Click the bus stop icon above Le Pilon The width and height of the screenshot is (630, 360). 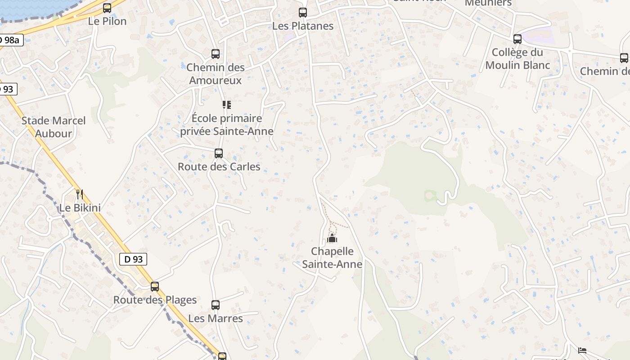click(x=107, y=8)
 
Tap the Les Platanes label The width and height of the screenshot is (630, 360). click(x=303, y=26)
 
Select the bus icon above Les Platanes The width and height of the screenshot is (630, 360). click(x=303, y=13)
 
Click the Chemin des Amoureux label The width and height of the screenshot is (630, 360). click(x=216, y=74)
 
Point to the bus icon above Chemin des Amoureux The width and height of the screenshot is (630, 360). click(x=216, y=54)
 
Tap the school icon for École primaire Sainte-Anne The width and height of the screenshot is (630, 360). click(x=227, y=105)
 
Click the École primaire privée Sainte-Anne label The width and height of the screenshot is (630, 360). click(x=227, y=125)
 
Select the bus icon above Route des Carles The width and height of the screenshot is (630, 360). click(x=219, y=153)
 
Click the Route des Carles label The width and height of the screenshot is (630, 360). click(x=219, y=166)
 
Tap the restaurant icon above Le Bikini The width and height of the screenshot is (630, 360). click(x=80, y=194)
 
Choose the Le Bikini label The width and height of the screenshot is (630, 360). click(x=80, y=208)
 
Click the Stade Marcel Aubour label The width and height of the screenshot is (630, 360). click(x=54, y=127)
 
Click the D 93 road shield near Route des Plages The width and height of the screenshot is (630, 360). click(x=133, y=259)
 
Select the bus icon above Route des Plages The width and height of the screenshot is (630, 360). click(x=155, y=287)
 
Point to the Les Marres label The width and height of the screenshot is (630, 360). click(x=216, y=319)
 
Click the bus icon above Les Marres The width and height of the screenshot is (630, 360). click(x=216, y=305)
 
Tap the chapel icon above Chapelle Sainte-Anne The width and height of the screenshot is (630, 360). click(x=332, y=238)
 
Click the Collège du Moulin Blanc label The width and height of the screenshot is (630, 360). click(x=517, y=59)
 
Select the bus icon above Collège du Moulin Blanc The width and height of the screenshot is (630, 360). click(x=517, y=39)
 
